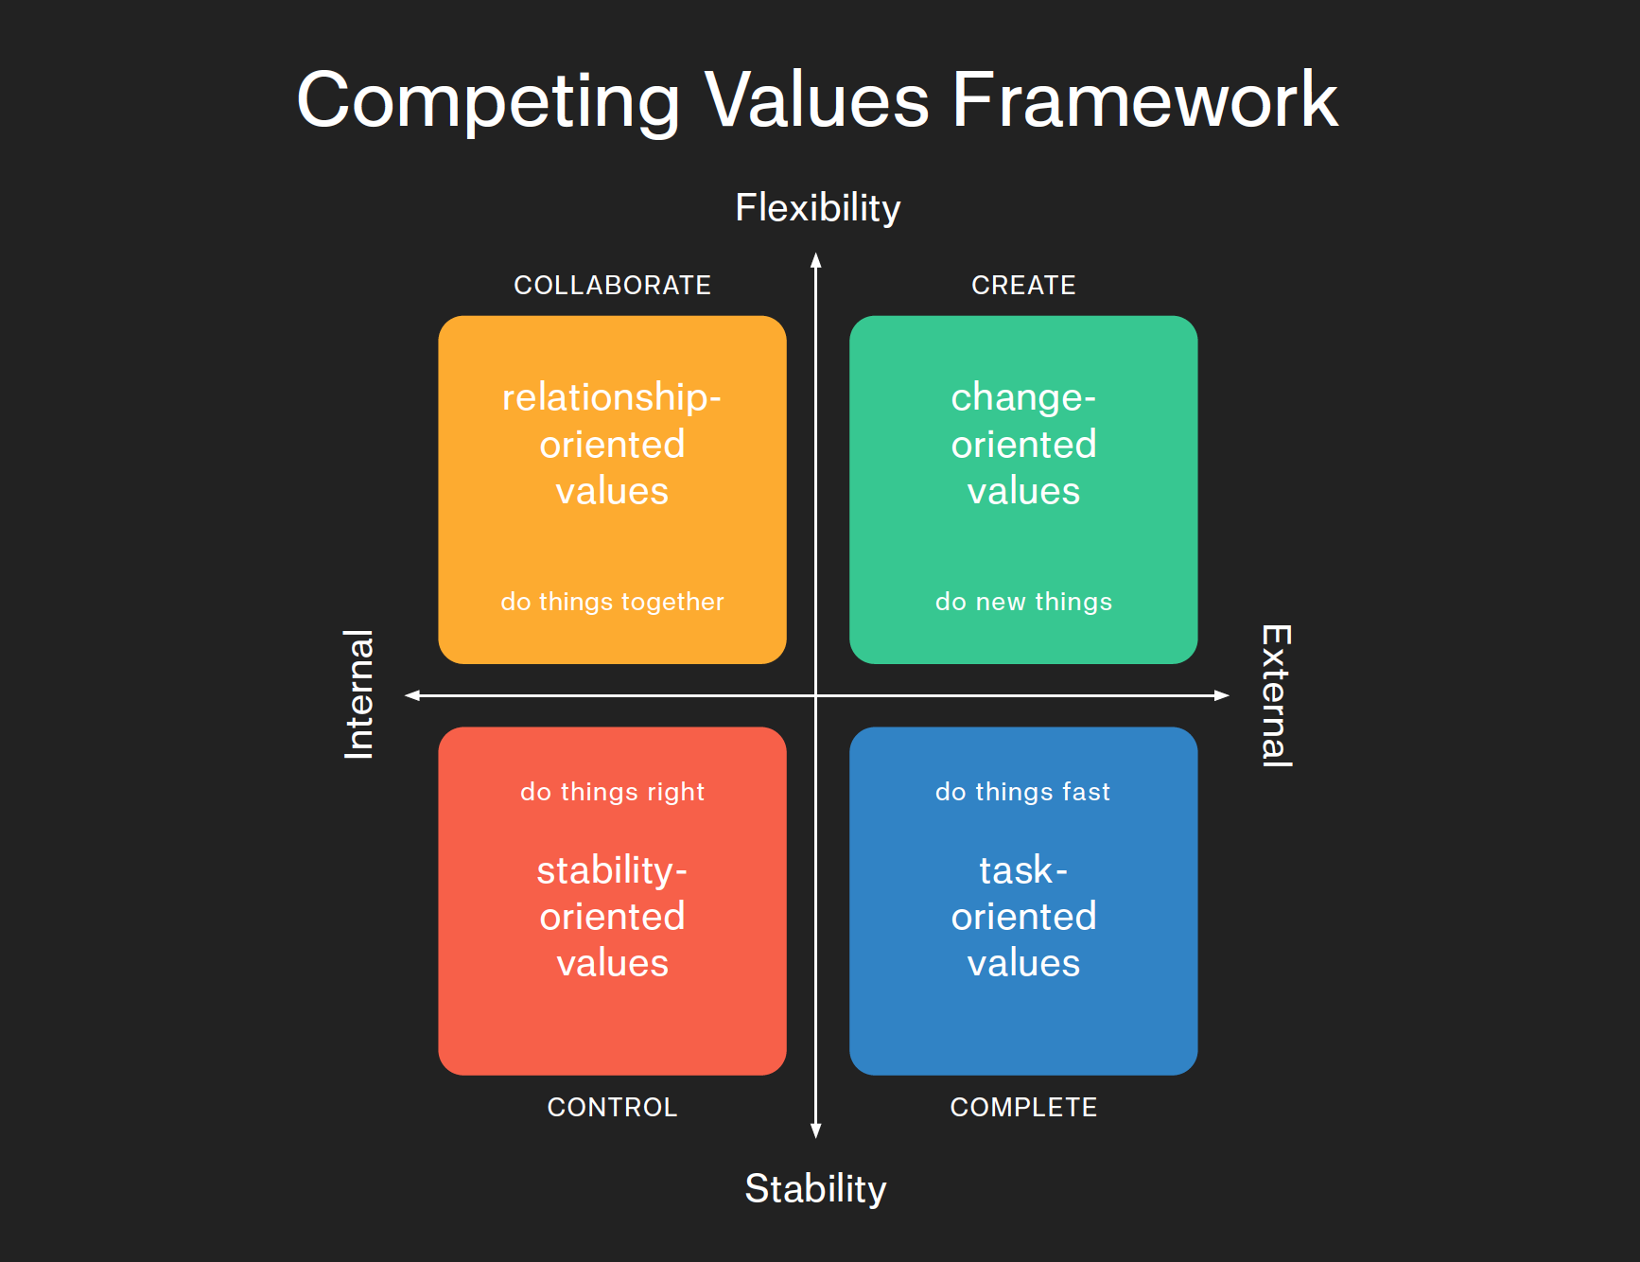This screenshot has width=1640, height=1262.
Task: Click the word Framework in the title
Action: [x=1144, y=100]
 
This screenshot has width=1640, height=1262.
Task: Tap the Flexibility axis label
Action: [x=818, y=208]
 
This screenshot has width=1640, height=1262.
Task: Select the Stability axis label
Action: [x=815, y=1189]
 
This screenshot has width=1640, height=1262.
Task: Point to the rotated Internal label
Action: [x=359, y=694]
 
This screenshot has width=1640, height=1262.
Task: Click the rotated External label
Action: [x=1276, y=695]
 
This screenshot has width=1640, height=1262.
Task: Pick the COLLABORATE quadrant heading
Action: [x=612, y=286]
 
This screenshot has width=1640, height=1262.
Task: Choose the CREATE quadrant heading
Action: [x=1023, y=286]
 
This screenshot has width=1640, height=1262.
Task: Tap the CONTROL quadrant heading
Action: [x=612, y=1108]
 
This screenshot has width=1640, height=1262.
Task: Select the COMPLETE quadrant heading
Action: [x=1023, y=1108]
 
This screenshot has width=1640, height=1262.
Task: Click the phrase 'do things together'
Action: [x=612, y=602]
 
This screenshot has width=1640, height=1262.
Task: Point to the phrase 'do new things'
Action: [x=1023, y=602]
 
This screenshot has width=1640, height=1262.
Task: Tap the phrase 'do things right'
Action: [x=612, y=792]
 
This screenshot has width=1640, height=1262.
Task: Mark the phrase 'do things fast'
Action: [x=1023, y=792]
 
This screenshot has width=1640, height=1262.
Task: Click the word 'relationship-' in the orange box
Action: [x=612, y=397]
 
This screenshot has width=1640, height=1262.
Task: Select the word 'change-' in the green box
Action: [x=1023, y=397]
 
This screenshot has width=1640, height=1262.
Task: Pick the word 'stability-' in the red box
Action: [x=612, y=870]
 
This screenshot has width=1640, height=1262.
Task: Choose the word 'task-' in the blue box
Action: [x=1023, y=870]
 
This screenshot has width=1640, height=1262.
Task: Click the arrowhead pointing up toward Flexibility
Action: [x=816, y=260]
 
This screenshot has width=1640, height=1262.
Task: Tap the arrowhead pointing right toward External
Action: [x=1222, y=695]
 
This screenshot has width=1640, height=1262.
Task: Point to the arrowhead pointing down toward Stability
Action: [x=816, y=1131]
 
